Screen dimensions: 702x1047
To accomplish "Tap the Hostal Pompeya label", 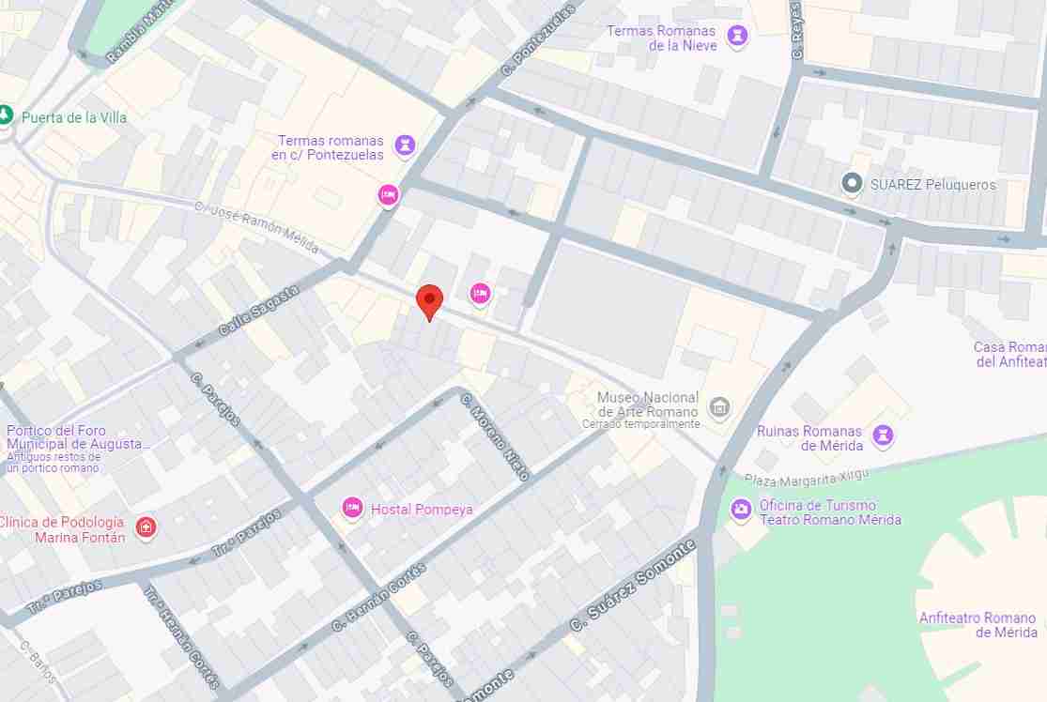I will point(422,510).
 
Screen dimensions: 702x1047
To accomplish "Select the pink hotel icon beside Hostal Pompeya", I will point(353,508).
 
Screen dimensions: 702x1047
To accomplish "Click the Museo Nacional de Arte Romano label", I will point(648,404).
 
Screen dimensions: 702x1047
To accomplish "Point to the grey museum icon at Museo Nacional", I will point(719,406).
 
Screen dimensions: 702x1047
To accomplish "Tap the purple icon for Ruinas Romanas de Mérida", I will point(883,435).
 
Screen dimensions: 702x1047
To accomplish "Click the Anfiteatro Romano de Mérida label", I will point(978,624).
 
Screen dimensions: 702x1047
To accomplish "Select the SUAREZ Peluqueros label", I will point(932,185).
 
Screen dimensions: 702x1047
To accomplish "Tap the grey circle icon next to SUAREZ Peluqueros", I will point(852,184).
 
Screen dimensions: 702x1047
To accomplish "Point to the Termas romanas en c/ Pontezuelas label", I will point(330,147).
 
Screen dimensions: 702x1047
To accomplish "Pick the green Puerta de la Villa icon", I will point(6,115).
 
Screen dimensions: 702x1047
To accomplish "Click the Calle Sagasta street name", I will point(258,312).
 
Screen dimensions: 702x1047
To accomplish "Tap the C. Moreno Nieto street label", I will point(496,437).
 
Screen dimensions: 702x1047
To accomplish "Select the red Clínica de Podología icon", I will point(146,528).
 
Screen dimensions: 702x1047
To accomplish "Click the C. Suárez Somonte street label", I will point(633,585).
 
